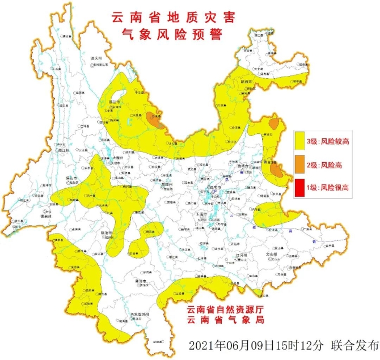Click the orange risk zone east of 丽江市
pyautogui.click(x=155, y=120)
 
